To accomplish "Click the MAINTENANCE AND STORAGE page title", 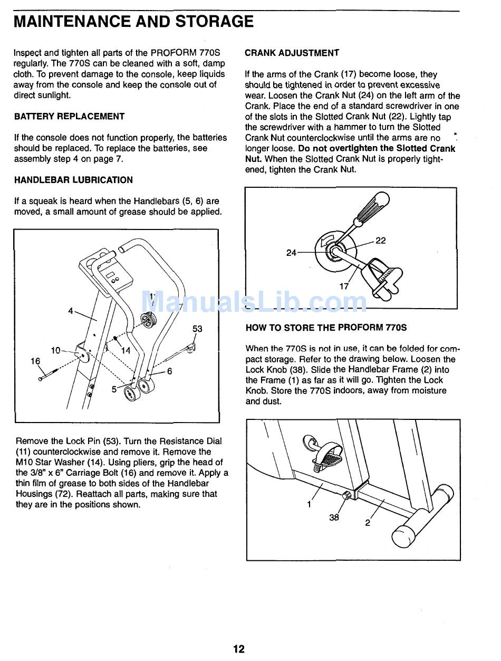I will [x=133, y=22].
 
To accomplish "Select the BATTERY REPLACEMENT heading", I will [x=69, y=116].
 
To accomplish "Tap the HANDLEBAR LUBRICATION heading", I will [x=73, y=180].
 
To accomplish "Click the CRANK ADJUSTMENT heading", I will [x=292, y=53].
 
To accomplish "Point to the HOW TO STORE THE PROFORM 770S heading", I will [x=326, y=328].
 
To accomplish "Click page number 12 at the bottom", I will [x=239, y=649].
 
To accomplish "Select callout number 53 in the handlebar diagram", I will [x=197, y=329].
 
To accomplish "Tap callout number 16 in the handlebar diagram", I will [x=35, y=361].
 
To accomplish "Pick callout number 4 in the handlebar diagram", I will [x=71, y=311].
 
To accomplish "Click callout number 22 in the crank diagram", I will [x=380, y=241].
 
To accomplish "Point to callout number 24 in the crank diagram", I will [x=291, y=253].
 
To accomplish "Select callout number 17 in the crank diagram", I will [x=344, y=286].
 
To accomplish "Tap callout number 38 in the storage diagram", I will [x=334, y=518].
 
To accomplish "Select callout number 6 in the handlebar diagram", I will [x=169, y=371].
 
